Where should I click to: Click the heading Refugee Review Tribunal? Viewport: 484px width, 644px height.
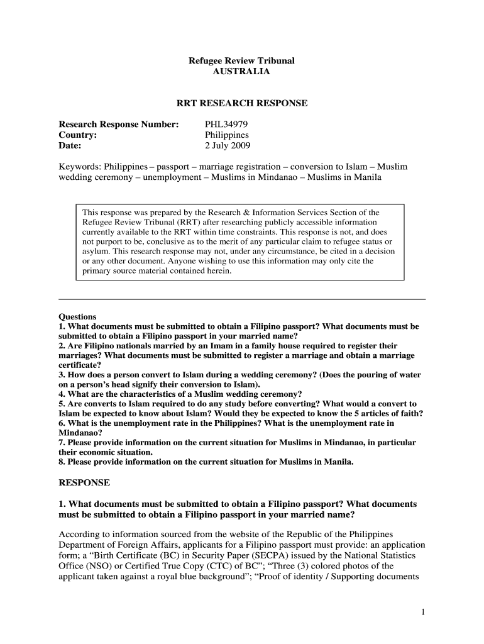click(242, 60)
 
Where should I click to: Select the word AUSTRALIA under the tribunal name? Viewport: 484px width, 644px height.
click(242, 72)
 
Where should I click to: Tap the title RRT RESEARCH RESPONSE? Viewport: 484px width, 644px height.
click(242, 103)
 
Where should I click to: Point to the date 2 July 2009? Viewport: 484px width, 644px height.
click(228, 146)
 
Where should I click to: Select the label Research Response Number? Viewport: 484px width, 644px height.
click(119, 123)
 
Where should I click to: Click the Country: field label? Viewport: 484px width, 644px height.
click(77, 135)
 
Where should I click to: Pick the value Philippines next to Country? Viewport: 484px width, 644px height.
click(227, 135)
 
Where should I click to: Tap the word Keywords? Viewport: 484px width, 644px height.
click(80, 167)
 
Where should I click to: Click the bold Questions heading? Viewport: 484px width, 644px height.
click(77, 316)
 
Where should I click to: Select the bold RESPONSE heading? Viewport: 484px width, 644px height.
click(84, 482)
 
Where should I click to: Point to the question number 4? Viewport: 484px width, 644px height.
click(61, 394)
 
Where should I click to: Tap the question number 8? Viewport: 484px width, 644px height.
click(61, 462)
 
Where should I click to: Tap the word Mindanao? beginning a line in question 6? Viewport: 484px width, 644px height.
click(79, 433)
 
